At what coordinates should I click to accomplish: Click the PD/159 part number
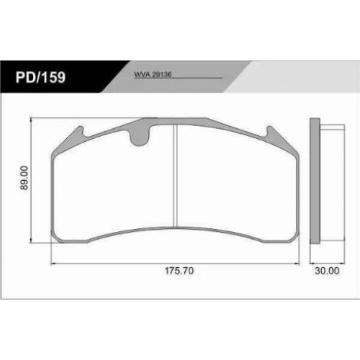click(40, 77)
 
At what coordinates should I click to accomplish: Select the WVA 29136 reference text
click(153, 74)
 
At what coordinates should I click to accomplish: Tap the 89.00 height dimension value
click(24, 178)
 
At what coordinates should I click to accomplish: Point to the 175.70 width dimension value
click(179, 271)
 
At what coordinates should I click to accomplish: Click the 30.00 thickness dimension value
click(327, 271)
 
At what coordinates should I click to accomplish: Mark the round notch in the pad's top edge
click(139, 138)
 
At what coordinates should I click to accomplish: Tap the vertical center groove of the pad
click(175, 176)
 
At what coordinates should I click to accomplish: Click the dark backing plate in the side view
click(315, 181)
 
